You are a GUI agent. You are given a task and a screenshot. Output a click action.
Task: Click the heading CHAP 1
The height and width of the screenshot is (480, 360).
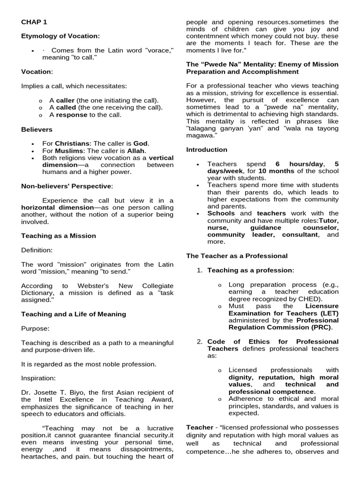(34, 22)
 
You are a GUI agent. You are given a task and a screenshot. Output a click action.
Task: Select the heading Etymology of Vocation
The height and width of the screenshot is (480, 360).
(60, 36)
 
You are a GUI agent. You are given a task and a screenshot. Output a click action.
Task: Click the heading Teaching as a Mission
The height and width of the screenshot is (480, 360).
(59, 236)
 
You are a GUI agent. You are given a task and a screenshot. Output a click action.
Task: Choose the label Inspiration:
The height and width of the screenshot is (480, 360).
(38, 378)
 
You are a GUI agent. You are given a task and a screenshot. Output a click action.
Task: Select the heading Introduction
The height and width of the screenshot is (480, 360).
(207, 150)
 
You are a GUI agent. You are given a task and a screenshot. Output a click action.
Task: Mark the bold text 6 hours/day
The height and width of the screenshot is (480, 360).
(299, 164)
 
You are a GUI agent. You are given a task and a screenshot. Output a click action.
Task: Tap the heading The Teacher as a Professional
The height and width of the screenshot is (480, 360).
(237, 256)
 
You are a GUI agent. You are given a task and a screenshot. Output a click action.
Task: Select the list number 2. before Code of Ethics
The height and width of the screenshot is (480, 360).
(200, 342)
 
